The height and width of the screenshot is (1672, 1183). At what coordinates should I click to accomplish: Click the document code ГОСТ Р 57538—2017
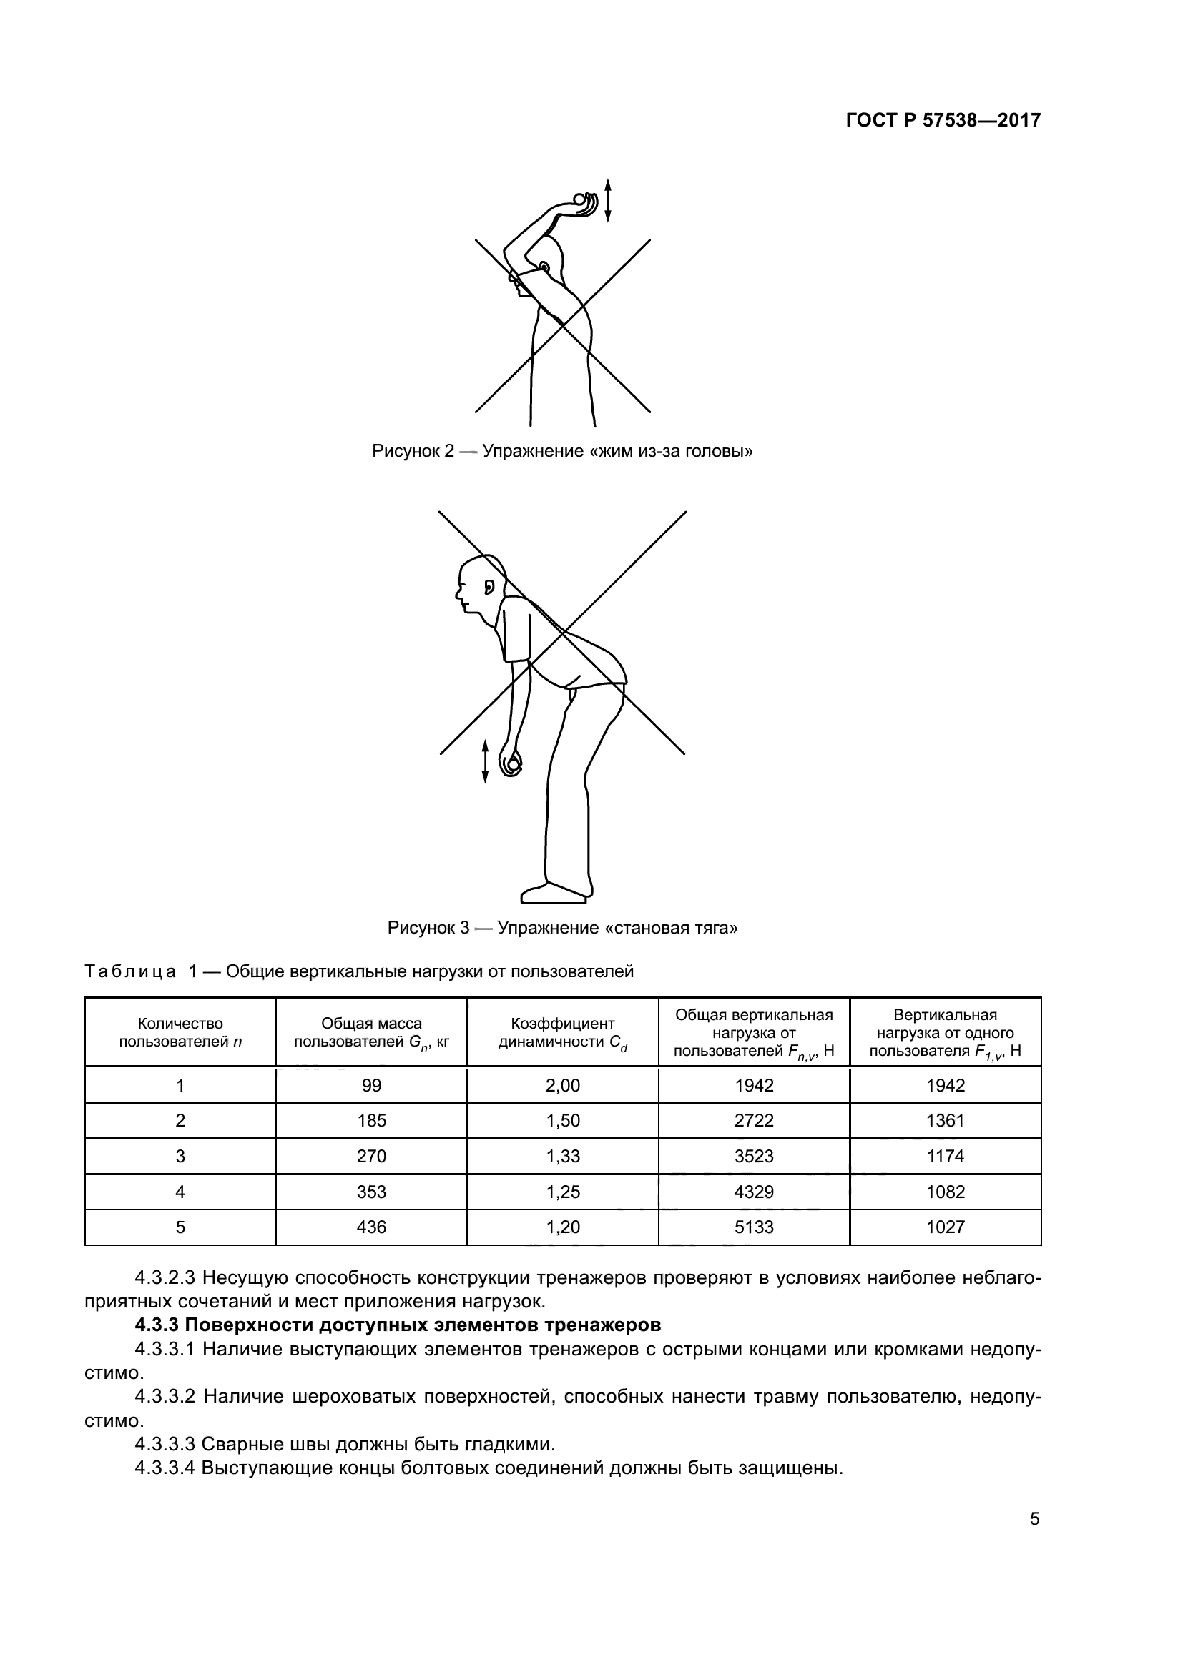coord(943,121)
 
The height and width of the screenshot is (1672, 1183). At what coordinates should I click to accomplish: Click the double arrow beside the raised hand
coord(608,199)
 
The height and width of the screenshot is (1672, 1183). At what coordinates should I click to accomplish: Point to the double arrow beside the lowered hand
coord(485,762)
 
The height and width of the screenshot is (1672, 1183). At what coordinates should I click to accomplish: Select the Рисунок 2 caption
coord(561,452)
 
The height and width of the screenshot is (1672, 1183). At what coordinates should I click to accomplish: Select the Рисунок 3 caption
coord(561,929)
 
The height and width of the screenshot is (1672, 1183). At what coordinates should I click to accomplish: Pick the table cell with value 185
coord(371,1121)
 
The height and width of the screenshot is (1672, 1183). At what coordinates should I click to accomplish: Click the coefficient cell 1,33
coord(562,1157)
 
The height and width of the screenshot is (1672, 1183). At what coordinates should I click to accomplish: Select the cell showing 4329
coord(754,1192)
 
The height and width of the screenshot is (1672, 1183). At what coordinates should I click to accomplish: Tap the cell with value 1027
coord(945,1227)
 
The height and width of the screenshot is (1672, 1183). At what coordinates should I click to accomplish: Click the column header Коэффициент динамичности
coord(562,1034)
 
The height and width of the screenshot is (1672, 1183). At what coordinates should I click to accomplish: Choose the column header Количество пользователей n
coord(181,1034)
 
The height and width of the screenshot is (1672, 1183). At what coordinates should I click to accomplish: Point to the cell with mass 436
coord(371,1227)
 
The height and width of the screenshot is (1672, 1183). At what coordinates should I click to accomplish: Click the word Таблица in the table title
coord(130,972)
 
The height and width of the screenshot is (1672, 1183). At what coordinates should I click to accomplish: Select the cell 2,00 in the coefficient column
coord(562,1086)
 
